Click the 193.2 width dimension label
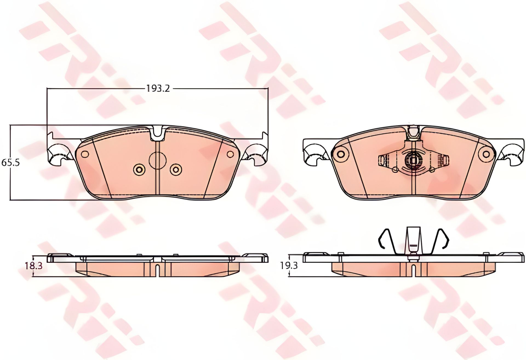158,88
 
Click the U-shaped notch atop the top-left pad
158,134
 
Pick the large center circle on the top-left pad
158,160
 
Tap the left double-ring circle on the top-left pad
138,170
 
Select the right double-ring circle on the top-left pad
175,170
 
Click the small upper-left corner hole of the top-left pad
85,154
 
